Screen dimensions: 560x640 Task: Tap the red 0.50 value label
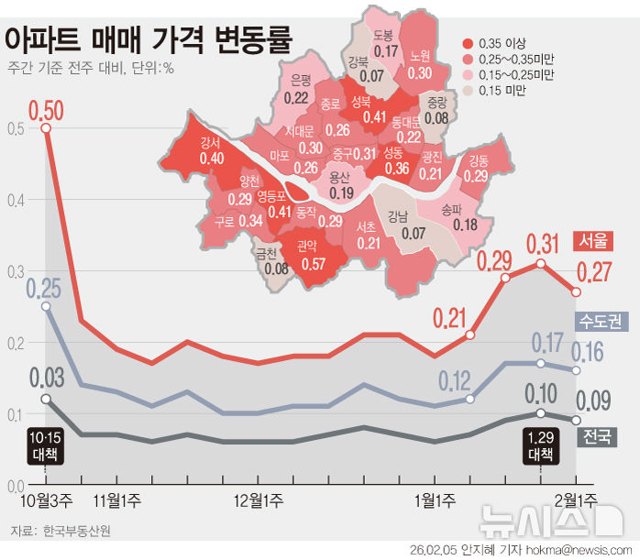click(x=46, y=112)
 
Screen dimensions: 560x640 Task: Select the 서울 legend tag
click(x=591, y=240)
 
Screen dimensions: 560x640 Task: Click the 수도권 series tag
click(x=600, y=321)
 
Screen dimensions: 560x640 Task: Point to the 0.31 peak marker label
click(x=541, y=244)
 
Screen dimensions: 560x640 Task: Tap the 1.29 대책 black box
click(x=540, y=445)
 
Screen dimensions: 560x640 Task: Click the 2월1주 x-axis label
click(x=575, y=500)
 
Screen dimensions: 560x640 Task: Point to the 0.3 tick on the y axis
click(x=12, y=272)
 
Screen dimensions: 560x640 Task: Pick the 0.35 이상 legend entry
click(x=502, y=42)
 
